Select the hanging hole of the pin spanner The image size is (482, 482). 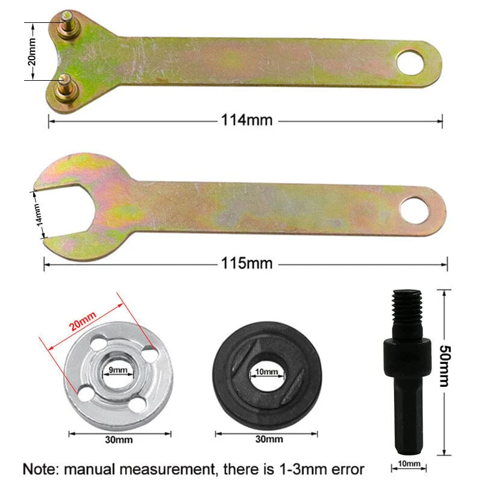coord(410,62)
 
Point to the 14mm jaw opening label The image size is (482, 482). coord(37,213)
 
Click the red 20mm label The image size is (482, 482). coord(83,321)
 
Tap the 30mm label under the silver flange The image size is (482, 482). coord(118,439)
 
